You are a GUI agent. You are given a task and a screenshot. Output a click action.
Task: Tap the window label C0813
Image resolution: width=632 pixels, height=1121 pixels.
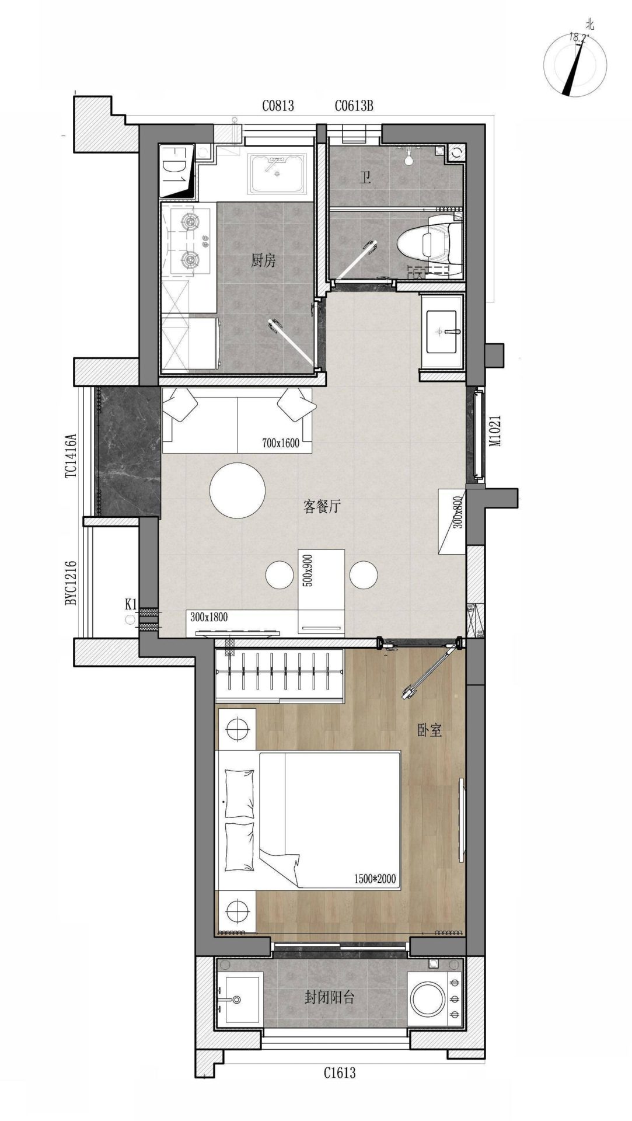point(278,106)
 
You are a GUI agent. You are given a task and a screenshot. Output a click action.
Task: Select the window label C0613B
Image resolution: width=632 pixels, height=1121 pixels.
point(354,106)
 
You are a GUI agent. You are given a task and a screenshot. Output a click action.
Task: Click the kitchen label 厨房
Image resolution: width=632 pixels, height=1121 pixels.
point(263,260)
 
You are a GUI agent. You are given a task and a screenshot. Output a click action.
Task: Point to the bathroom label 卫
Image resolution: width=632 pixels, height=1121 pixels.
point(366,178)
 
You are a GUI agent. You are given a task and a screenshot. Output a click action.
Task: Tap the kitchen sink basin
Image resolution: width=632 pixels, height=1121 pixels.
point(278,173)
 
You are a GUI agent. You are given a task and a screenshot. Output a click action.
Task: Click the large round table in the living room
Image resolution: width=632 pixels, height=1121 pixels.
point(238,490)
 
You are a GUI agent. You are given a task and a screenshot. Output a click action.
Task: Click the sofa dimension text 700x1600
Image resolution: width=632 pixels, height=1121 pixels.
point(281,443)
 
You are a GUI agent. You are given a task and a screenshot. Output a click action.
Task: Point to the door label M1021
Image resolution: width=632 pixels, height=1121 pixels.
point(495,431)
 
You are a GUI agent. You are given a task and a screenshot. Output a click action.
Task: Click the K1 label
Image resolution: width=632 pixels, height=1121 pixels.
point(131,604)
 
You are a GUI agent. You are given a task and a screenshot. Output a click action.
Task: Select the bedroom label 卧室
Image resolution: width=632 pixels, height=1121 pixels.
point(430,730)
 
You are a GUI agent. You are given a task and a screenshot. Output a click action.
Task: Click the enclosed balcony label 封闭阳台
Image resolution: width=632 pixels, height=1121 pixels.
point(329,997)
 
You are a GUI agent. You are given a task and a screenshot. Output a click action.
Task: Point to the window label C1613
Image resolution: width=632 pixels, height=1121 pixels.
point(340,1073)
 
